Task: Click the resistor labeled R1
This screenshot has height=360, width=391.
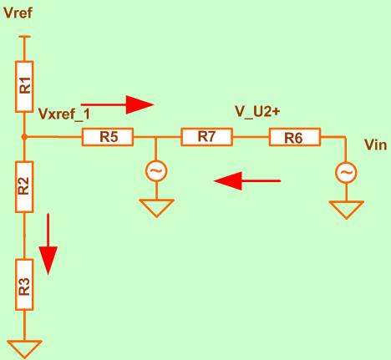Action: pos(24,87)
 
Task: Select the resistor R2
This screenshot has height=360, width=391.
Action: pos(24,187)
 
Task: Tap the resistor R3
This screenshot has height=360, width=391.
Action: pos(24,285)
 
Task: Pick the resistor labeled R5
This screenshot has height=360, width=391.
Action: pos(108,137)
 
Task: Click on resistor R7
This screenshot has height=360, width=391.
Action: pos(206,137)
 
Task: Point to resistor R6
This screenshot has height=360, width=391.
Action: pos(295,137)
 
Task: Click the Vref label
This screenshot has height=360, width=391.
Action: pos(18,13)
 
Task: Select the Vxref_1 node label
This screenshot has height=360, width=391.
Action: pos(64,114)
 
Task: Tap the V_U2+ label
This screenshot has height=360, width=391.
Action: pos(257,111)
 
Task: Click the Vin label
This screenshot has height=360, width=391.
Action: pos(376,145)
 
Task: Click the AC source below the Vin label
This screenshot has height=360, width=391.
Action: pos(346,173)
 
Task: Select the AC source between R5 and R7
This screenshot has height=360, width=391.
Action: pos(156,171)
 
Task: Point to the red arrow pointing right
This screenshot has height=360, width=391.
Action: pos(117,104)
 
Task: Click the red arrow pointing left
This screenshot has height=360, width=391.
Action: pos(247,181)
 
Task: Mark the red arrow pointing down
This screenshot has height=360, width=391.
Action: pos(48,244)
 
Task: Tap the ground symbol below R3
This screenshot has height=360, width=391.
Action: pos(24,349)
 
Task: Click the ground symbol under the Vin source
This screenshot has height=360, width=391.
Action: pos(346,210)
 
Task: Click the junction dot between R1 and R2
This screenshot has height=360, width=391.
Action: pos(24,137)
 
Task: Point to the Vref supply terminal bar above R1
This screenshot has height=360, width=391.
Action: pos(24,37)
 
